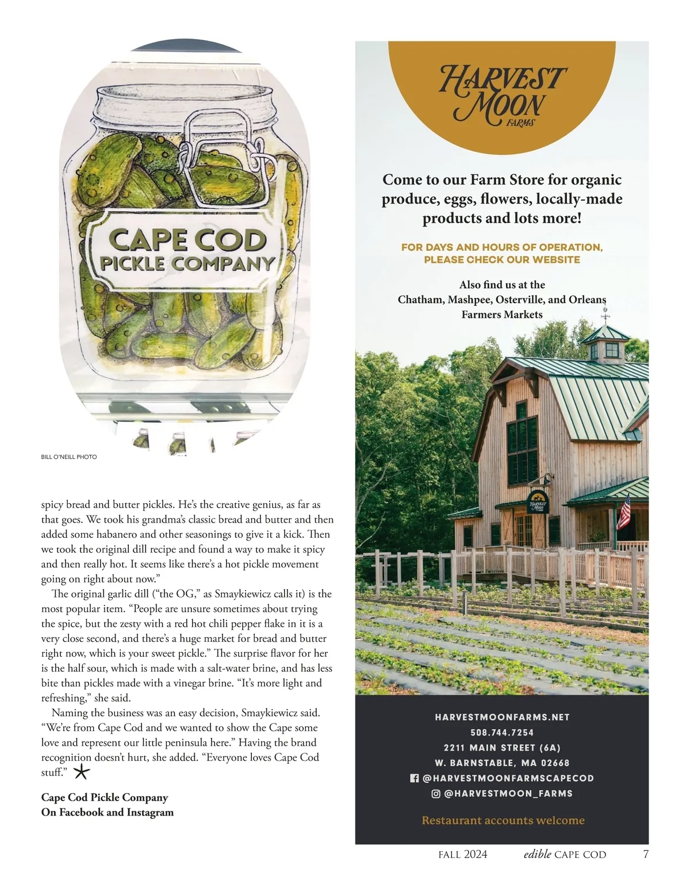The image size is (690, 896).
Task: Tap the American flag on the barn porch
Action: pos(624,512)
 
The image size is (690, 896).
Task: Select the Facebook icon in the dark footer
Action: pos(414,778)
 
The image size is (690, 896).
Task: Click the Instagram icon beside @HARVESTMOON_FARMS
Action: pos(436,794)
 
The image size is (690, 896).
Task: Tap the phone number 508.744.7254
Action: pos(502,733)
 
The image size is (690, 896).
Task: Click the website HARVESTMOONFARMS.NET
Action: pos(502,717)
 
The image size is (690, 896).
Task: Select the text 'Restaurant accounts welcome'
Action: pos(503,821)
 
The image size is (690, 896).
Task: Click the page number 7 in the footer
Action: pos(646,854)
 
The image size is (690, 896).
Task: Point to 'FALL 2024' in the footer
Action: pos(462,855)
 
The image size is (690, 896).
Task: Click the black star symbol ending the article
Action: pos(82,772)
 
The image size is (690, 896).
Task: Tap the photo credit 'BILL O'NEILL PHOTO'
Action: pos(69,457)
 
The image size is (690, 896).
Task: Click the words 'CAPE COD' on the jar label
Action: pos(187,240)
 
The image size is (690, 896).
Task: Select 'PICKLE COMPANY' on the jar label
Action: pos(187,264)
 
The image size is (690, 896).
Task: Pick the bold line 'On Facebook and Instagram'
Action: pos(108,812)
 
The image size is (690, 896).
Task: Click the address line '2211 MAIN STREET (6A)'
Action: pos(502,748)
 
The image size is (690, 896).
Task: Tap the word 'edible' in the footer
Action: pos(537,854)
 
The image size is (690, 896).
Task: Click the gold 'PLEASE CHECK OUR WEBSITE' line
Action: pos(502,259)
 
